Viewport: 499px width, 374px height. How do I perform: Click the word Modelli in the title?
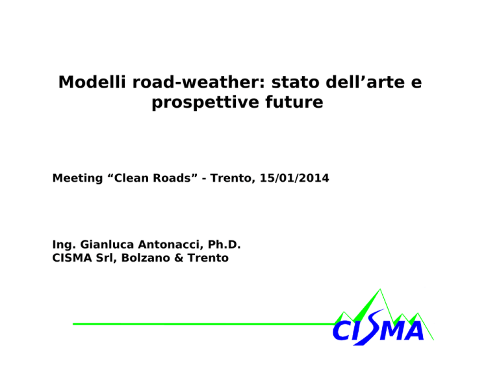(x=92, y=82)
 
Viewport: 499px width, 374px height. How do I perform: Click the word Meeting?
(x=78, y=178)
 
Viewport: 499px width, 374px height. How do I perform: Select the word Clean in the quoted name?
(x=132, y=178)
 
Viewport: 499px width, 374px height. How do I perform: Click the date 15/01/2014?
(x=294, y=178)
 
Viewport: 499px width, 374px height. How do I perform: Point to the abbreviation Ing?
(x=64, y=245)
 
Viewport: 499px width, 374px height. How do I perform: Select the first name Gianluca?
(x=107, y=245)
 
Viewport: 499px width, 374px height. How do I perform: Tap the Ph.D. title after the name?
(x=224, y=245)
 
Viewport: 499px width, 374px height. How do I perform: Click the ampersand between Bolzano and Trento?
(x=179, y=258)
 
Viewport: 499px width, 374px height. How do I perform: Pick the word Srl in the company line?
(x=104, y=258)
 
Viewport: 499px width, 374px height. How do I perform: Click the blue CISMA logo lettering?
(x=378, y=329)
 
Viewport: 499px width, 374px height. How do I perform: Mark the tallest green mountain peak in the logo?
(x=380, y=289)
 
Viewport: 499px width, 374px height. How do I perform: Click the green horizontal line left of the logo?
(x=203, y=324)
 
